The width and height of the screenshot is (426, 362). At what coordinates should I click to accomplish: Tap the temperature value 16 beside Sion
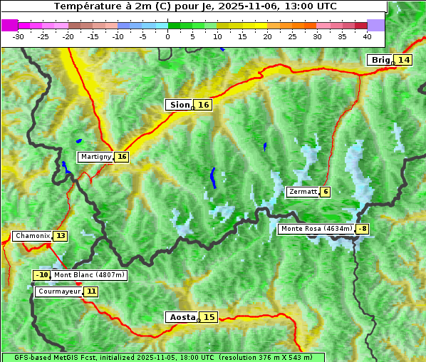(x=204, y=105)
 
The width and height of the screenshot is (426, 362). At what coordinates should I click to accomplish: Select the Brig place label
(x=380, y=60)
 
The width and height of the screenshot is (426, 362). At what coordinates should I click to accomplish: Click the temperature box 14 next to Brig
(x=404, y=60)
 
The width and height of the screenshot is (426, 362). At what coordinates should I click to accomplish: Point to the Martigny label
(x=95, y=157)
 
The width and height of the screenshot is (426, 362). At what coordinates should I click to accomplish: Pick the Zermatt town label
(x=303, y=192)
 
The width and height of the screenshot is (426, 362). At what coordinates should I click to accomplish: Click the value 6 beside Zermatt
(x=326, y=192)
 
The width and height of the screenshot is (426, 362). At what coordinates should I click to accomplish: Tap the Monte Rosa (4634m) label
(x=316, y=229)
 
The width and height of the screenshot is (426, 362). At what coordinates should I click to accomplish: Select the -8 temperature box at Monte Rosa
(x=363, y=229)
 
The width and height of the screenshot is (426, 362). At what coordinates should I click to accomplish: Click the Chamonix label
(x=32, y=236)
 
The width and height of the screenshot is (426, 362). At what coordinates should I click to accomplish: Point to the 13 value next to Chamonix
(x=61, y=236)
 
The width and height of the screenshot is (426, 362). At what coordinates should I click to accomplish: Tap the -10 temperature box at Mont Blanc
(x=42, y=275)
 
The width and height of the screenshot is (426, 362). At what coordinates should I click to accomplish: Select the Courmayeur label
(x=58, y=291)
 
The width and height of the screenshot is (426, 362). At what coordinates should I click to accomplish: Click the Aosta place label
(x=181, y=317)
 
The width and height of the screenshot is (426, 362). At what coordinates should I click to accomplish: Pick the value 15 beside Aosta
(x=209, y=317)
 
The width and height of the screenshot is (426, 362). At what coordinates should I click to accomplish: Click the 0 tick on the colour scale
(x=168, y=36)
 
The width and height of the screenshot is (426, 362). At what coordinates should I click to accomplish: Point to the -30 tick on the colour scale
(x=19, y=36)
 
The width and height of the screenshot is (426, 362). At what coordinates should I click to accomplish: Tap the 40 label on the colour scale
(x=367, y=36)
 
